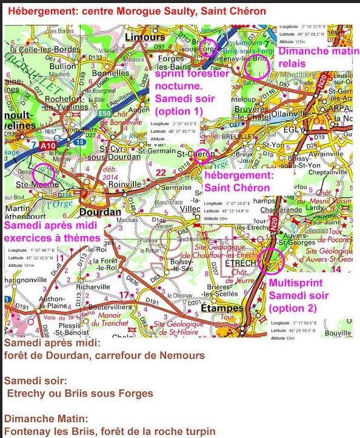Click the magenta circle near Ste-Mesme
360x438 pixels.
pos(44,175)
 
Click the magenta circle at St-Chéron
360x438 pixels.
pos(202,157)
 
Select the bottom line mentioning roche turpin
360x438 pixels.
pos(109,432)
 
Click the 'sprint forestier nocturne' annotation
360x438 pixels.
pos(192,91)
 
